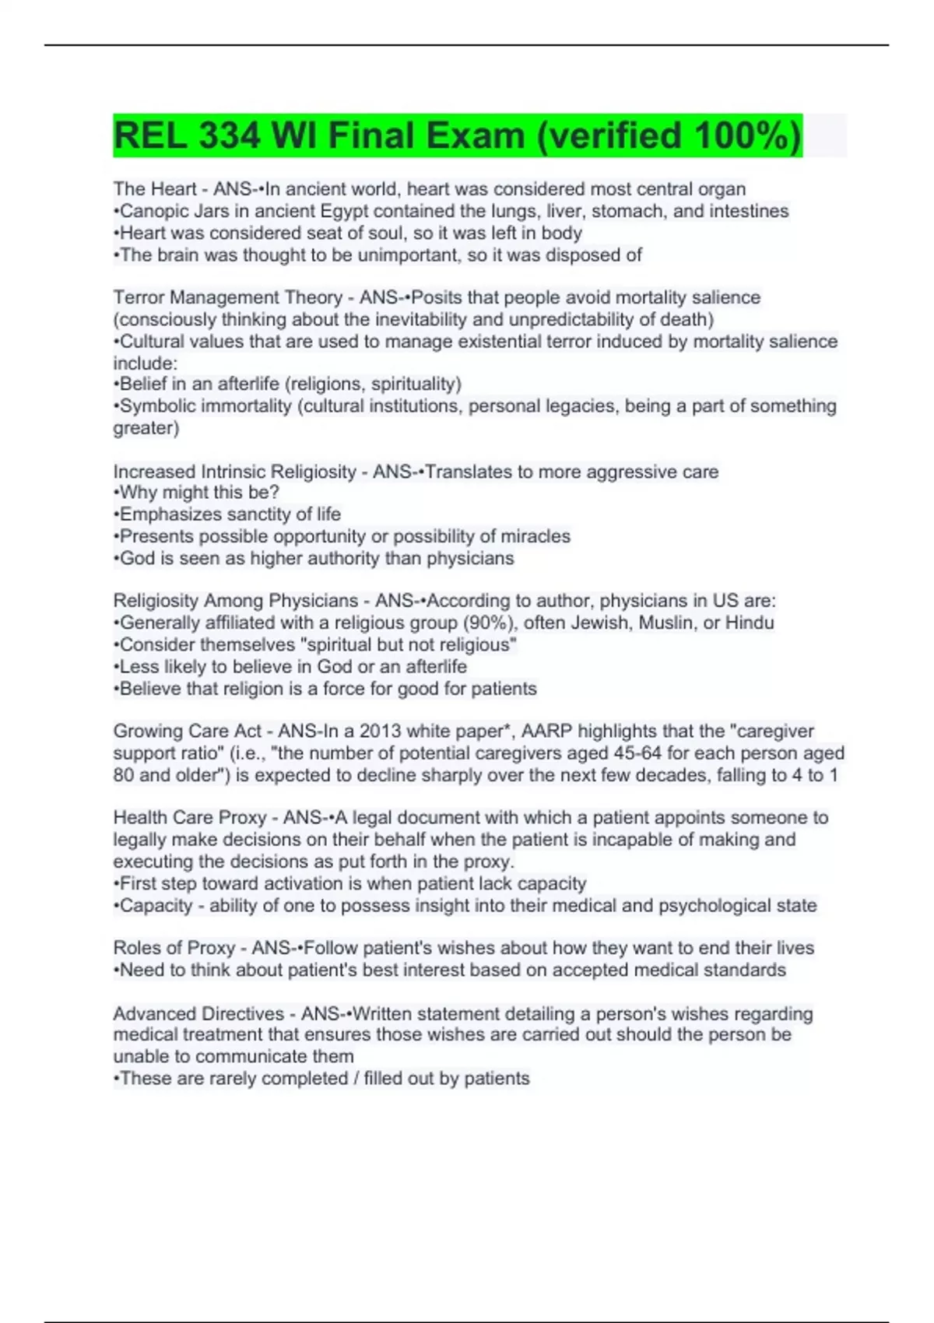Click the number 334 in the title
229,136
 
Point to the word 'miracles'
536,536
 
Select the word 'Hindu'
750,623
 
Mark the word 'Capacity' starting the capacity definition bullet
156,906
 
